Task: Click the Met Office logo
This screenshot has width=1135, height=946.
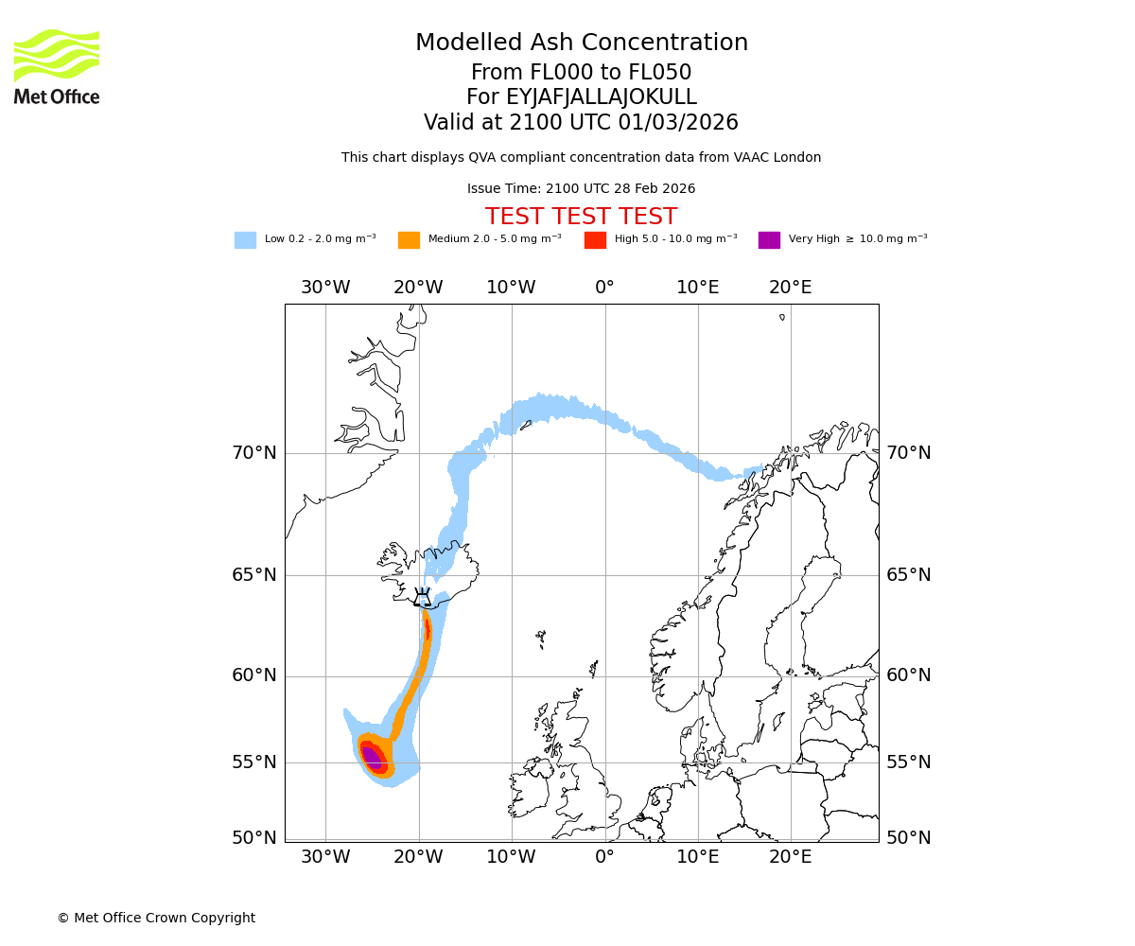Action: coord(57,66)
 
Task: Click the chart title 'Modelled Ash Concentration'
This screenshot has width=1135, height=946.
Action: coord(582,44)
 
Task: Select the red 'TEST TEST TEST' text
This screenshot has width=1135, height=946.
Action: coord(581,217)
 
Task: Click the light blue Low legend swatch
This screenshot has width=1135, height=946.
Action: coord(245,239)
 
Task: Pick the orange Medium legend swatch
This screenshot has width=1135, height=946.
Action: coord(409,239)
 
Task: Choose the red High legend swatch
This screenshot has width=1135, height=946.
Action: coord(595,239)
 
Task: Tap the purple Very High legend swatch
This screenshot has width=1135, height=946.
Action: coord(769,239)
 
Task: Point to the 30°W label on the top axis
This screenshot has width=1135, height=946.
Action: coord(325,288)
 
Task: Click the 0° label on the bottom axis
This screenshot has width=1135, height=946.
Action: coord(604,857)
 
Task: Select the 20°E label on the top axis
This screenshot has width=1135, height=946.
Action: coord(791,288)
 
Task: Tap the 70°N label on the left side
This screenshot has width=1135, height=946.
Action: coord(254,453)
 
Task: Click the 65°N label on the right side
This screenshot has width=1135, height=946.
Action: coord(908,575)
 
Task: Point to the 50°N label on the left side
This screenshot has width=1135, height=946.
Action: coord(254,838)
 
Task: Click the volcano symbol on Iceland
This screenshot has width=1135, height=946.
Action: coord(423,597)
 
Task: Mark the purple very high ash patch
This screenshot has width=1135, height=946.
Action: coord(372,757)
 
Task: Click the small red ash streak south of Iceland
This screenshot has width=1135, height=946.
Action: coord(428,628)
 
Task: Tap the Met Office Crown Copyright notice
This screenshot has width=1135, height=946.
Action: coord(156,919)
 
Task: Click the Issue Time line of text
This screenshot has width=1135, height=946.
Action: coord(581,189)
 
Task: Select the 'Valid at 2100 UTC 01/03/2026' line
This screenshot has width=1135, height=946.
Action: coord(581,123)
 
